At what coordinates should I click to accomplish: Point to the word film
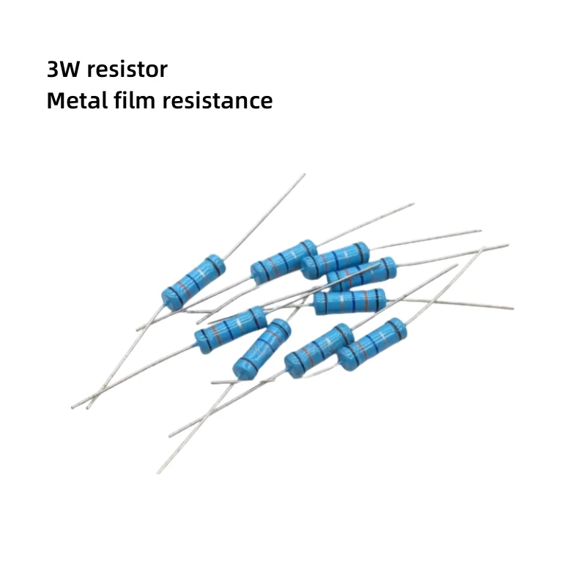134,101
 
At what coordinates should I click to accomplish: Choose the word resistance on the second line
218,101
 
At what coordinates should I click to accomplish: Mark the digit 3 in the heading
52,70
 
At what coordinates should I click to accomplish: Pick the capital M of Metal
56,101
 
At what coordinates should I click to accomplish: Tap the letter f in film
119,101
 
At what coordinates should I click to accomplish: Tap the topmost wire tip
304,174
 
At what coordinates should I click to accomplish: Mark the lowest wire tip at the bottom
157,472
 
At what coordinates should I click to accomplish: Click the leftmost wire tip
73,407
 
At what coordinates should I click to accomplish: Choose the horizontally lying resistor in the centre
349,302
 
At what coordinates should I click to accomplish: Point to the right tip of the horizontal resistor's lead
513,308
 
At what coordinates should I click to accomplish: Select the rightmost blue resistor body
371,344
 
